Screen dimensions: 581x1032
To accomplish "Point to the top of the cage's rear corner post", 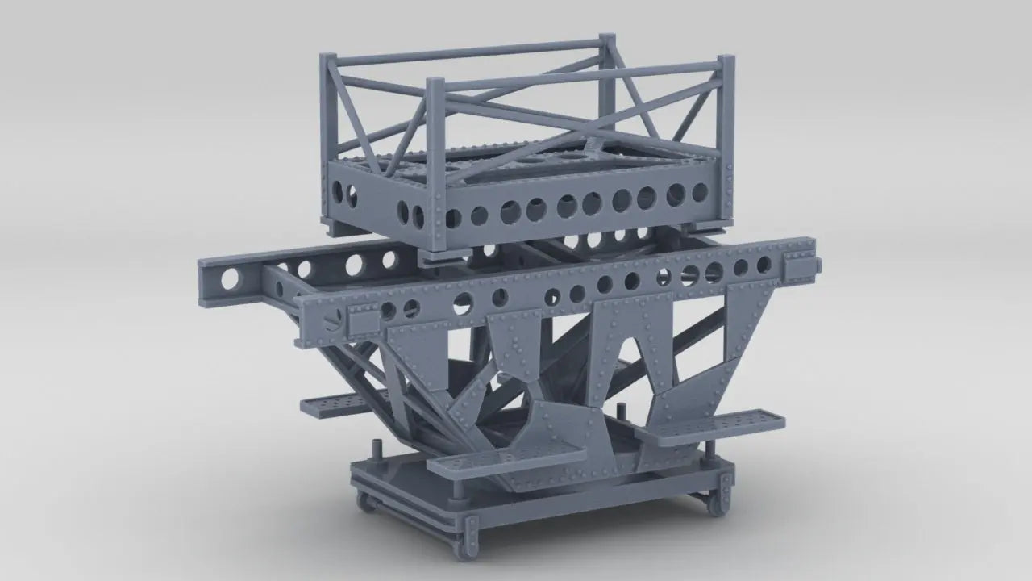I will [607, 40].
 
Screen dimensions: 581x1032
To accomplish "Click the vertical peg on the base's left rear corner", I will [376, 448].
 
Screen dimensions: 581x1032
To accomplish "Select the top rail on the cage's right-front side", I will [580, 79].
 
